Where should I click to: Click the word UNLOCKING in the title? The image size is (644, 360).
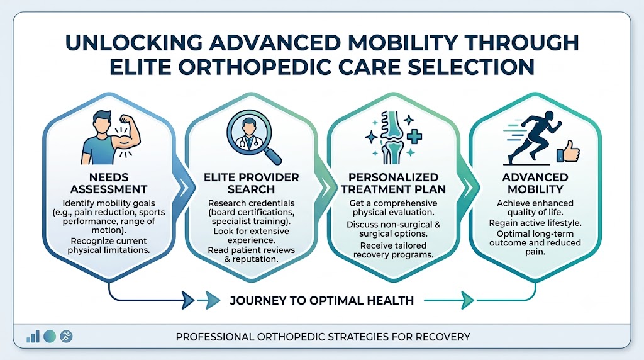pyautogui.click(x=134, y=42)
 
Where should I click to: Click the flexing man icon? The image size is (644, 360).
pyautogui.click(x=111, y=137)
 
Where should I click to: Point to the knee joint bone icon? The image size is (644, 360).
pyautogui.click(x=393, y=137)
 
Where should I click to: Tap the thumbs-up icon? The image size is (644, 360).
pyautogui.click(x=568, y=152)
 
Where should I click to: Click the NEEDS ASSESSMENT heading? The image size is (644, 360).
pyautogui.click(x=108, y=183)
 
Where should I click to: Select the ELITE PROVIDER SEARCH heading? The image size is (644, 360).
pyautogui.click(x=252, y=183)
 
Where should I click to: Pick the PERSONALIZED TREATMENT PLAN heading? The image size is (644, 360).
pyautogui.click(x=394, y=183)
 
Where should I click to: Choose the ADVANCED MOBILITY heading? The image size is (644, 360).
pyautogui.click(x=535, y=183)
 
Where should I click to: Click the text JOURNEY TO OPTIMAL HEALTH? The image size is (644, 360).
pyautogui.click(x=321, y=300)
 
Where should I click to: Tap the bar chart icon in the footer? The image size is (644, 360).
pyautogui.click(x=33, y=337)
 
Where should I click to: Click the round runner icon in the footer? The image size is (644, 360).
pyautogui.click(x=66, y=337)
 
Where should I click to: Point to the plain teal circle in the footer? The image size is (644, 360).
pyautogui.click(x=50, y=337)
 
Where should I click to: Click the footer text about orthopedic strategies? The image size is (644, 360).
pyautogui.click(x=323, y=337)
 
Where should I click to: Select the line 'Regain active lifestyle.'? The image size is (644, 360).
pyautogui.click(x=535, y=223)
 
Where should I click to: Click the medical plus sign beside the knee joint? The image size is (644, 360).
pyautogui.click(x=414, y=136)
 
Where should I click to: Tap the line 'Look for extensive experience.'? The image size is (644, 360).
pyautogui.click(x=252, y=236)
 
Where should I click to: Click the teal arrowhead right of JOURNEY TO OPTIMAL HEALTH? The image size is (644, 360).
pyautogui.click(x=468, y=300)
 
